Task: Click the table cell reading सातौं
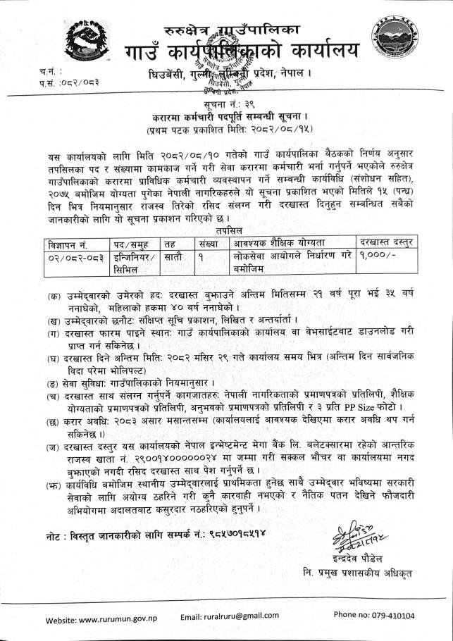pyautogui.click(x=172, y=256)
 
